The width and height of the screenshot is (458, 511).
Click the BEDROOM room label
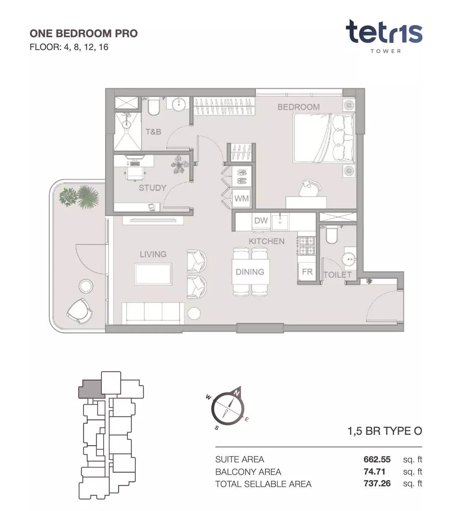pos(298,107)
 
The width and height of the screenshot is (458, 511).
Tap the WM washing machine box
pos(241,198)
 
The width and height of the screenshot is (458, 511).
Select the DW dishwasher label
pos(261,221)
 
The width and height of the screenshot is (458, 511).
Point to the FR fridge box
pos(307,271)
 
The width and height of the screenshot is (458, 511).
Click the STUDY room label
pos(153,188)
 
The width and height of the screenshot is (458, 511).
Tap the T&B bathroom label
pos(153,132)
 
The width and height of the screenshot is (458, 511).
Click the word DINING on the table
pos(250,272)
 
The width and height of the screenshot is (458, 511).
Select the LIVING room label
pos(153,254)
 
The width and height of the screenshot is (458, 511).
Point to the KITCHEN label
pos(266,242)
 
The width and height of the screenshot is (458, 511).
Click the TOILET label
pos(338,275)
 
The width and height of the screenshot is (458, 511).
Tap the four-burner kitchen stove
pos(307,246)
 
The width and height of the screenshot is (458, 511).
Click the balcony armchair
pos(79,311)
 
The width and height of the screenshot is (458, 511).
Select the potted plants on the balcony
pos(79,196)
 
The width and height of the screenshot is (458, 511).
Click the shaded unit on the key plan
pos(91,389)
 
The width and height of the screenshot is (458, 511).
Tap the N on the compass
pos(237,393)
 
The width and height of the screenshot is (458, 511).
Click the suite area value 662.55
pos(377,459)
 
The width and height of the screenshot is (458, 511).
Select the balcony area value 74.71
pos(375,471)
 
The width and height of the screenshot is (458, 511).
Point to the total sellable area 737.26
pos(377,483)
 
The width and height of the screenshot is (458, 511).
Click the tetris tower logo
pos(384,36)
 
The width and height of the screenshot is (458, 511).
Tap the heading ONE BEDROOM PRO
pos(83,34)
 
